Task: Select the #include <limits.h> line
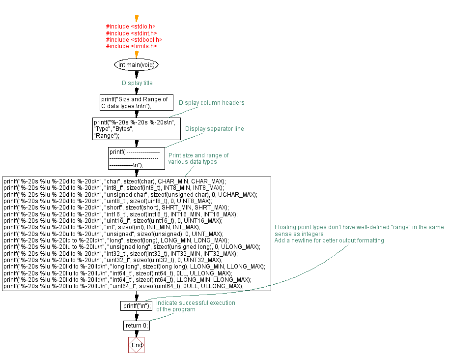coord(131,46)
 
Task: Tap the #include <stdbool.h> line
coord(134,39)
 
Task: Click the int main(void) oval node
coord(137,65)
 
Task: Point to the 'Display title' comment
coord(137,83)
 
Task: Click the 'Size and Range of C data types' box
coord(137,102)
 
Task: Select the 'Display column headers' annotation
coord(211,103)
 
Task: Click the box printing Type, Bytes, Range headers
coord(137,129)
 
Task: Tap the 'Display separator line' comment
coord(214,129)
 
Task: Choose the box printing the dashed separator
coord(137,158)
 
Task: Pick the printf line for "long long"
coord(134,267)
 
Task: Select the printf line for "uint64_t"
coord(123,286)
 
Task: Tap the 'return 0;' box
coord(137,326)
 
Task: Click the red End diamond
coord(137,345)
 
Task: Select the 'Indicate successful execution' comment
coord(196,306)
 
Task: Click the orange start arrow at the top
coord(137,19)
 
